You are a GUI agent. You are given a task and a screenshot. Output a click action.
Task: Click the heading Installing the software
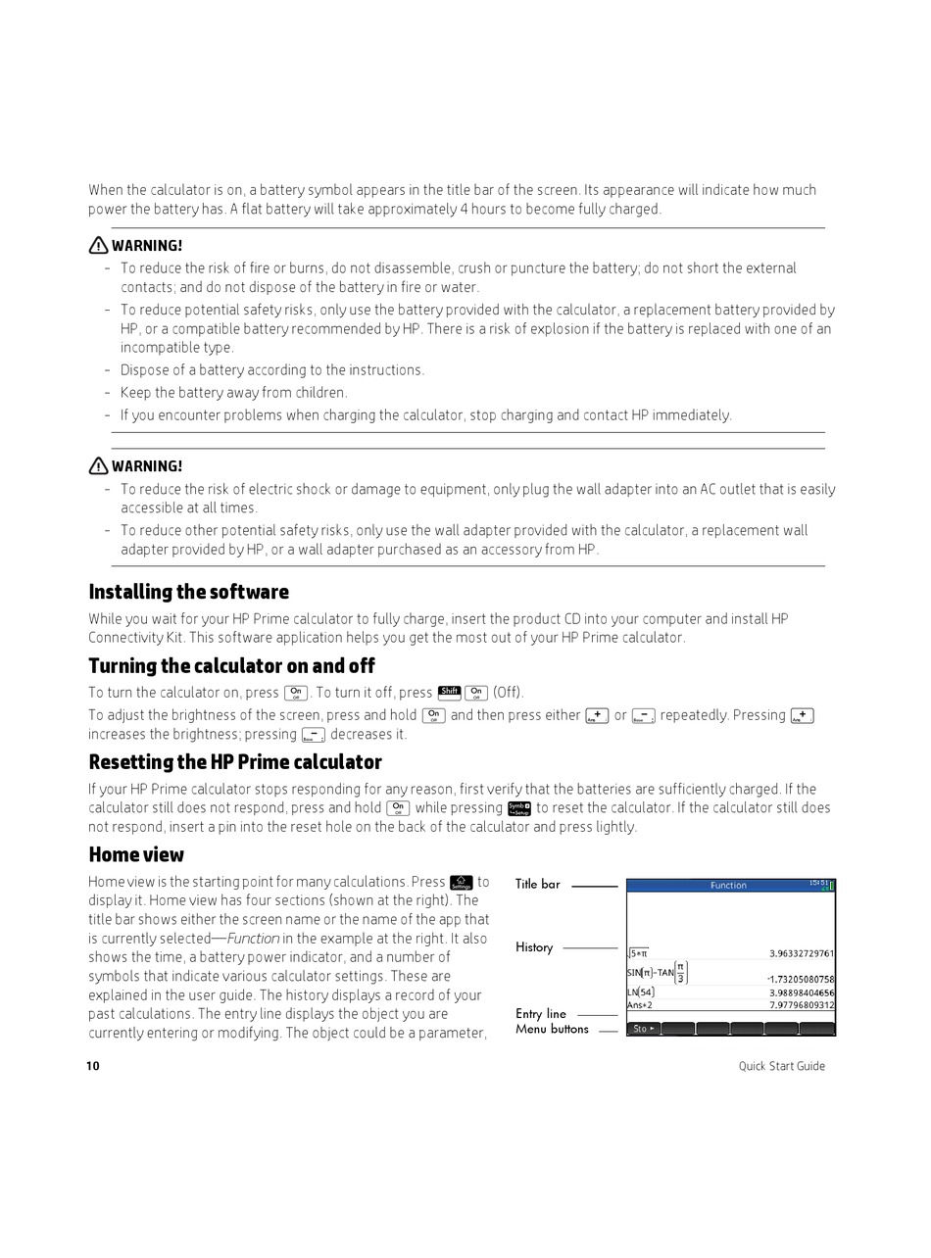[x=188, y=592]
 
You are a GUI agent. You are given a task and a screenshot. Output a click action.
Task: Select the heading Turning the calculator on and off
[x=231, y=666]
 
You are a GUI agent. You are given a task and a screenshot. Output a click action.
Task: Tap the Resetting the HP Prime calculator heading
[x=235, y=762]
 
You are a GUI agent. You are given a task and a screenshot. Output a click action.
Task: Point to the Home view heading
[x=136, y=854]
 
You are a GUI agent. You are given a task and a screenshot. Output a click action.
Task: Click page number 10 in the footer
[x=93, y=1066]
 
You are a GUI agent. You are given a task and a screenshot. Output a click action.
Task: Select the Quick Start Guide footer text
[x=781, y=1066]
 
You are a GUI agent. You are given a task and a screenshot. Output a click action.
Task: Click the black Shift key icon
[x=449, y=693]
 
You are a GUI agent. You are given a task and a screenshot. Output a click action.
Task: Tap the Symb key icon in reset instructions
[x=518, y=808]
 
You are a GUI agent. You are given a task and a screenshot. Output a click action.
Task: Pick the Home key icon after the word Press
[x=461, y=883]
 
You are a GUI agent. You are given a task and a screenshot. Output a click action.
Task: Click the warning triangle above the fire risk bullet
[x=98, y=246]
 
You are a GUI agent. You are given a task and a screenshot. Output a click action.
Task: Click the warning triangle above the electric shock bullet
[x=98, y=466]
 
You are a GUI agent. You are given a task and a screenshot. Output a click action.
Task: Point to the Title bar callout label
[x=538, y=885]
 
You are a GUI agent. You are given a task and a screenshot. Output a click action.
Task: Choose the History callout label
[x=534, y=947]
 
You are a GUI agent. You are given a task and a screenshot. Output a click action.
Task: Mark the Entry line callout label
[x=541, y=1014]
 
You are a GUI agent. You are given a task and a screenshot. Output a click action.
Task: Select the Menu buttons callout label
[x=552, y=1030]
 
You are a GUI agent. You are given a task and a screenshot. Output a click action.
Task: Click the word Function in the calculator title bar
[x=728, y=886]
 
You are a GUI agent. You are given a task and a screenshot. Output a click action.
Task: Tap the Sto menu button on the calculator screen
[x=643, y=1029]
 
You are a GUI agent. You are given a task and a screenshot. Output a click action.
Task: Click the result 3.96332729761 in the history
[x=801, y=953]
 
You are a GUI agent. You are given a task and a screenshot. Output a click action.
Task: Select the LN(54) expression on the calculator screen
[x=640, y=992]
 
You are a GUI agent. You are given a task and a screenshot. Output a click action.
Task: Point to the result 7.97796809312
[x=801, y=1005]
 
